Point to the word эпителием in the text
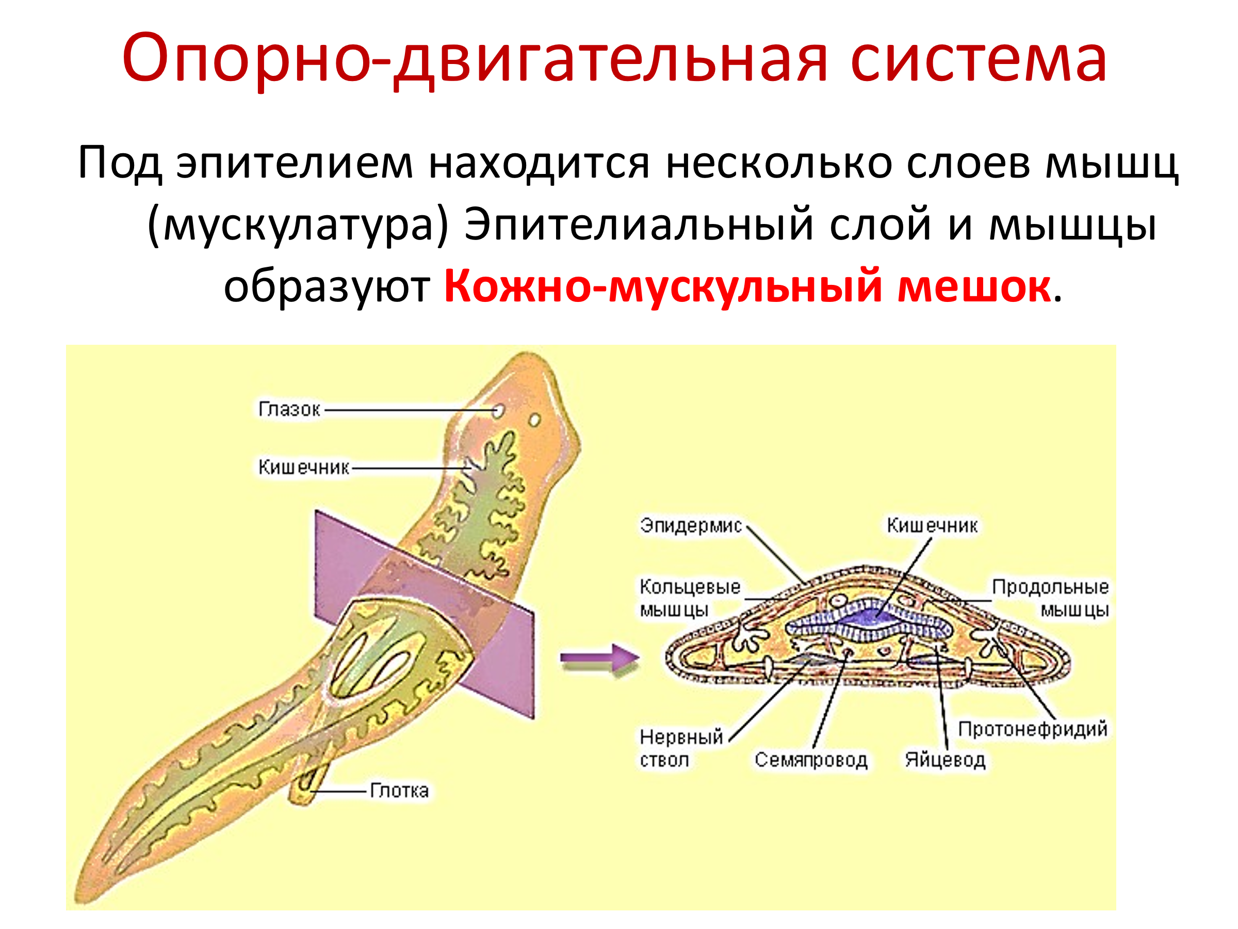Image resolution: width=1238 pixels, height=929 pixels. tap(295, 164)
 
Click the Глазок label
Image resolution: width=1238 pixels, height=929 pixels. tap(289, 409)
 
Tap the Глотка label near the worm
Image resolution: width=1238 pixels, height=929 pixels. tap(399, 791)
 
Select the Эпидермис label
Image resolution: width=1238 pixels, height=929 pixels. tap(691, 525)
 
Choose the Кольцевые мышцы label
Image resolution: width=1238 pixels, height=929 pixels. tap(690, 598)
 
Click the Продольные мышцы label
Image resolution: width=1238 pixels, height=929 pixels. tap(1050, 598)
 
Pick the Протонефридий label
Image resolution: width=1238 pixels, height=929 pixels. tap(1033, 729)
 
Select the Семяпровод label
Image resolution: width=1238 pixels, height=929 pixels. tap(811, 760)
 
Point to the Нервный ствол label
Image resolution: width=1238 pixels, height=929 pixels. tap(681, 748)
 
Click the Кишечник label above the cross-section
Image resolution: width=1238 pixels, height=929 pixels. tap(932, 525)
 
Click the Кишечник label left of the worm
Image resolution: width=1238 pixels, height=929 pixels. tap(303, 467)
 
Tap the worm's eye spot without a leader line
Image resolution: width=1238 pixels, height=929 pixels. tap(535, 420)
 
